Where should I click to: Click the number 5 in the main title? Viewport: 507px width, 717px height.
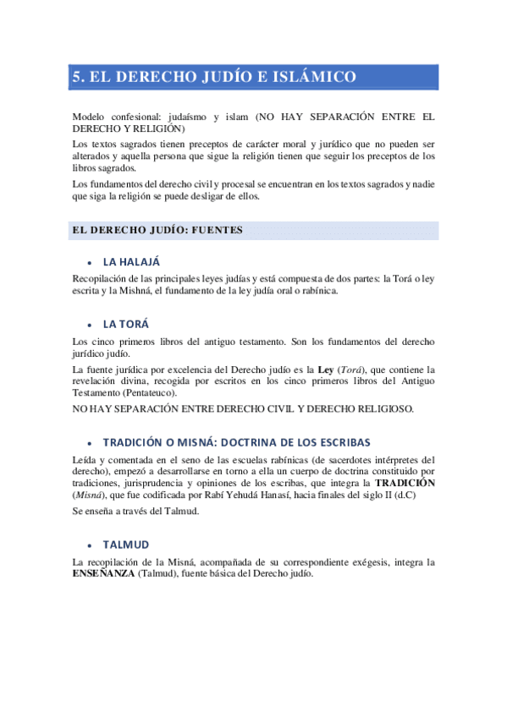pyautogui.click(x=77, y=77)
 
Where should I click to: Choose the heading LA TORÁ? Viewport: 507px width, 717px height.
pyautogui.click(x=127, y=324)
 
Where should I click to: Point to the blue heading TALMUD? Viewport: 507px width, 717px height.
pyautogui.click(x=126, y=545)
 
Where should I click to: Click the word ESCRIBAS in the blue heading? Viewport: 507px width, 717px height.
pyautogui.click(x=342, y=442)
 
